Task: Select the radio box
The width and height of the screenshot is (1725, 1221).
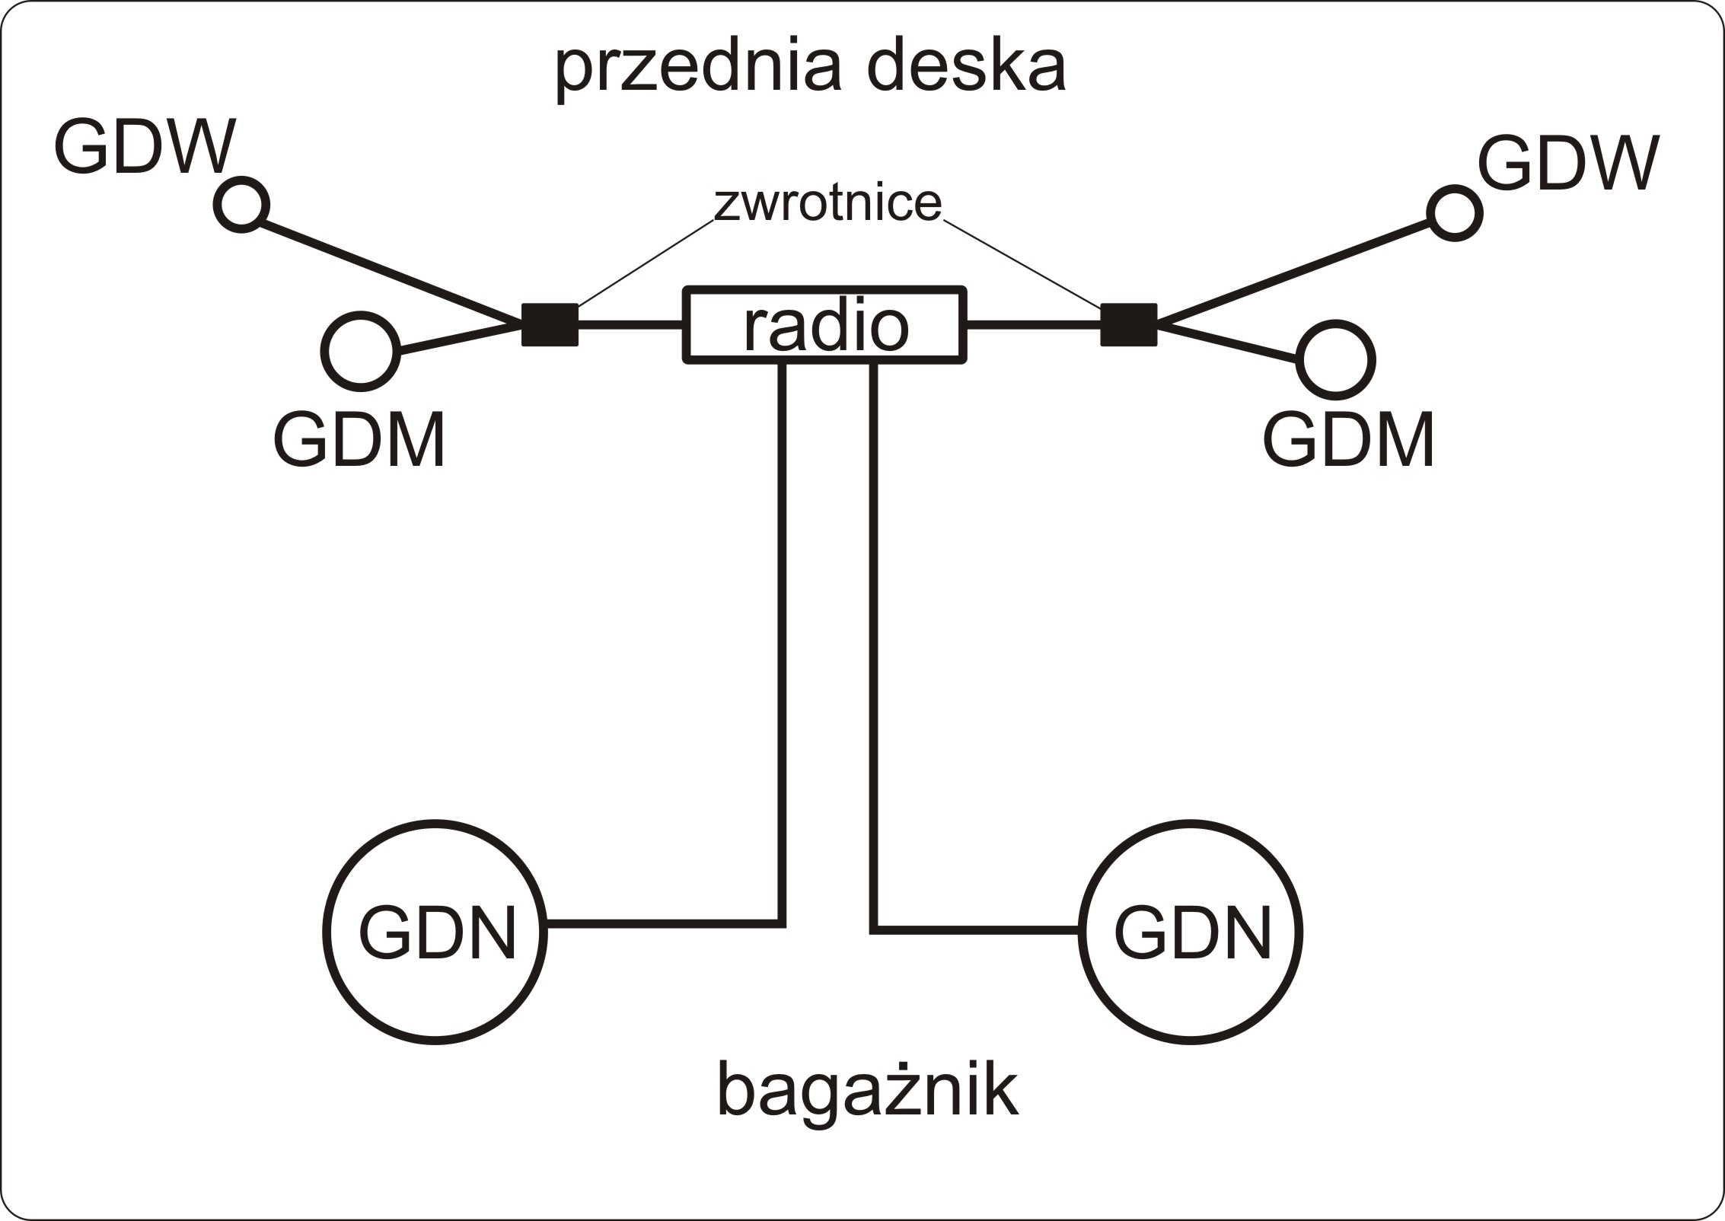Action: (825, 325)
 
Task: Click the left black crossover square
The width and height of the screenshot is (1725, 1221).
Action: (550, 325)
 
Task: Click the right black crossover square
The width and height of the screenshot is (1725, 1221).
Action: (1128, 325)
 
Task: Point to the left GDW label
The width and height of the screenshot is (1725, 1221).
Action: (145, 147)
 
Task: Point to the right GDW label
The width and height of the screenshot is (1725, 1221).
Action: (1568, 164)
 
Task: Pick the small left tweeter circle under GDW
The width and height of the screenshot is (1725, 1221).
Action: (241, 205)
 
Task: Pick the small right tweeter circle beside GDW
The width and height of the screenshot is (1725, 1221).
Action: (1454, 213)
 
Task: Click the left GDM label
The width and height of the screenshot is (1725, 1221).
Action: (359, 441)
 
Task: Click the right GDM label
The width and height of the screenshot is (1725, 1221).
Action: (1349, 441)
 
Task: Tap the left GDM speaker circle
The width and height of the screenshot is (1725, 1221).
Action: (361, 351)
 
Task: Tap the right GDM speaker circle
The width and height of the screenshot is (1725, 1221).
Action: (1335, 360)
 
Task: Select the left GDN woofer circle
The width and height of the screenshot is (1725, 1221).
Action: (435, 932)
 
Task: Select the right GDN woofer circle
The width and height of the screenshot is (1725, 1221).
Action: (1191, 932)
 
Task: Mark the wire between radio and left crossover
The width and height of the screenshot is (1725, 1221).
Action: (630, 325)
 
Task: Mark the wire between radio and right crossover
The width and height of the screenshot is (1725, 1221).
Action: (1034, 325)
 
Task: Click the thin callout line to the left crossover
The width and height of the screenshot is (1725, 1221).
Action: (646, 263)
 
